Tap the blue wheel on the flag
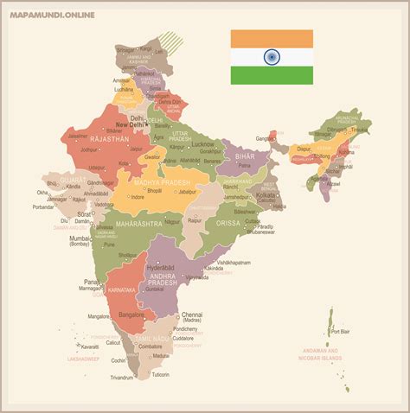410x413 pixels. coord(272,57)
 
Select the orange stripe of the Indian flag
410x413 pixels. coord(272,39)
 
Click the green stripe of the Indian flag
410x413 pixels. coord(272,75)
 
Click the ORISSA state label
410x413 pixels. coord(229,222)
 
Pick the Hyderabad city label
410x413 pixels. coord(162,268)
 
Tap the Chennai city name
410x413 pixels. coord(192,315)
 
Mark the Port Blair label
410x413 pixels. coord(340,331)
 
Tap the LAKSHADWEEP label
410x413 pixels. coord(84,358)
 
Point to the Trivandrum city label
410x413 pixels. coord(122,377)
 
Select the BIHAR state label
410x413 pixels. coord(247,156)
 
